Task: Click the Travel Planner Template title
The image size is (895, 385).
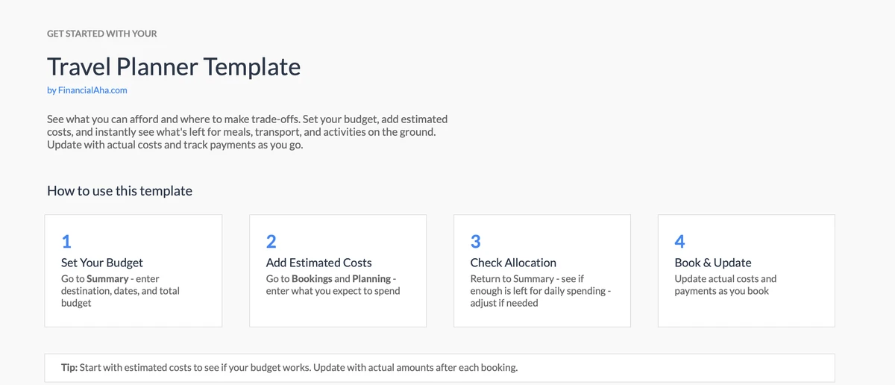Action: (x=174, y=66)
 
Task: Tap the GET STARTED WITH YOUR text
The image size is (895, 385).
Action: (x=102, y=34)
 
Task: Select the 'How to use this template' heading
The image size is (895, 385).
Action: (x=119, y=191)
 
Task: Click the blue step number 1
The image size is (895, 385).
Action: (x=66, y=242)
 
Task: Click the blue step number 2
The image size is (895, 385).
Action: (x=271, y=242)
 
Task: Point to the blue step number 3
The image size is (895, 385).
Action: (x=476, y=242)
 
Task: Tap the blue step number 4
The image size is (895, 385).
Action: (x=679, y=242)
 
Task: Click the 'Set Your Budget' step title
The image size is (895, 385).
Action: (x=102, y=263)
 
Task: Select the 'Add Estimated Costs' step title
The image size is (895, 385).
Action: (x=319, y=263)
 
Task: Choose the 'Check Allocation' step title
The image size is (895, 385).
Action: (x=513, y=263)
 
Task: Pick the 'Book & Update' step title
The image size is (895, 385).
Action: (x=713, y=263)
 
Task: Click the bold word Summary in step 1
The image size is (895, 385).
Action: (x=107, y=278)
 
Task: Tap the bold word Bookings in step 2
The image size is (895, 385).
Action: (x=312, y=278)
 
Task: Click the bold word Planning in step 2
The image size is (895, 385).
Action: (x=371, y=278)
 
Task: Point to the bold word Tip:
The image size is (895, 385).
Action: (x=69, y=367)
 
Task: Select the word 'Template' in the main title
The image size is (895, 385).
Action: (x=252, y=66)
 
